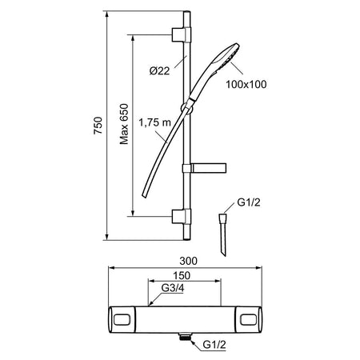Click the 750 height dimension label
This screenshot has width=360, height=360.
98,126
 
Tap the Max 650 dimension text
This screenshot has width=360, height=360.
124,124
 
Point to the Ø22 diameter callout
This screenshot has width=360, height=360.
159,71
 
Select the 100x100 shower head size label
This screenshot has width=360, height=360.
246,84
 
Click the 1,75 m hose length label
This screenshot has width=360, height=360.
154,122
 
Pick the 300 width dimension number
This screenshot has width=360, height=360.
189,261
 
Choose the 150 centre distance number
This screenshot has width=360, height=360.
182,275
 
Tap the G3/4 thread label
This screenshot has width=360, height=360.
173,288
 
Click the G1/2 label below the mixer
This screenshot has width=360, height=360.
214,345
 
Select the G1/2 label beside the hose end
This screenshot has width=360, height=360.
249,202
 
